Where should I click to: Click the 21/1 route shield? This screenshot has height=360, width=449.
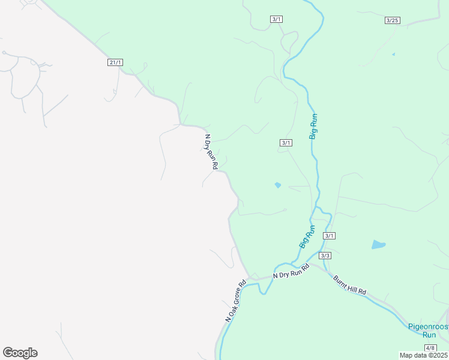coord(116,62)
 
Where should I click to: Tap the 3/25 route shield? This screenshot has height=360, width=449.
coord(392,20)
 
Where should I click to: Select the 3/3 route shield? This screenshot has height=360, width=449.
coord(325,256)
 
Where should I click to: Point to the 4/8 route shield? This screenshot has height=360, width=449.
coord(430,348)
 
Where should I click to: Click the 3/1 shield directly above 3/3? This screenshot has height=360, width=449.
coord(329,236)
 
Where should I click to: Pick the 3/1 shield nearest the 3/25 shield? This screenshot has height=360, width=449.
coord(276,19)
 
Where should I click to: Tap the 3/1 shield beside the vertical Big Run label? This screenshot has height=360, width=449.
coord(286,142)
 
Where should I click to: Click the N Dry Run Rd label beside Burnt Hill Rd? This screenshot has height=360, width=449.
coord(291,271)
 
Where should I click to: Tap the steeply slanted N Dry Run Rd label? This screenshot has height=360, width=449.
coord(209,151)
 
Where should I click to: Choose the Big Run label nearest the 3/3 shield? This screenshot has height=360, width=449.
coord(307,237)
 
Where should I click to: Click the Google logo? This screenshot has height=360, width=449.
coord(20,353)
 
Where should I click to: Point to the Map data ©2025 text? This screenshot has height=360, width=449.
coord(424,355)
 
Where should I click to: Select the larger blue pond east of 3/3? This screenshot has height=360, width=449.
coord(378,244)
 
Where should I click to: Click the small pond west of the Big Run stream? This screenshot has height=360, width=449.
coord(277,185)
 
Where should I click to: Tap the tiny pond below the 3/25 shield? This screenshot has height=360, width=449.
coord(393,55)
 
